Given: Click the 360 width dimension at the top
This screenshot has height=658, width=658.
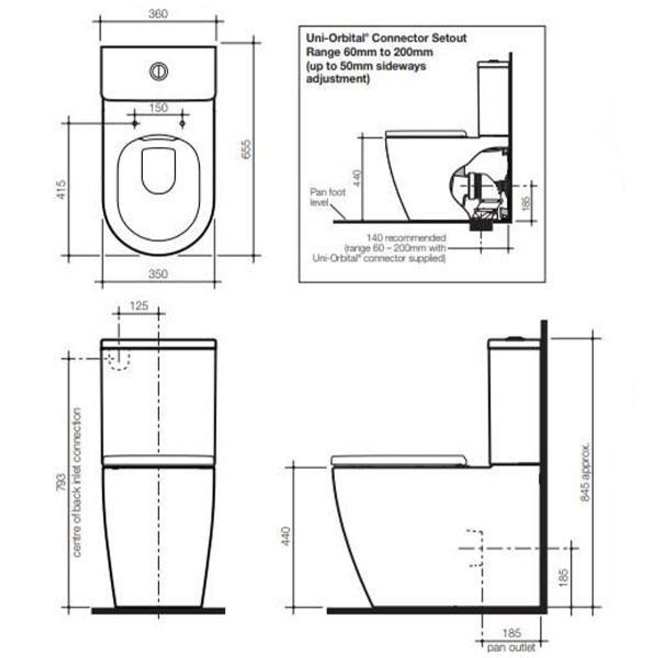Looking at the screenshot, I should click(158, 13).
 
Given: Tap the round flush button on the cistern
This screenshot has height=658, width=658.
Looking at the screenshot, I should click(158, 71).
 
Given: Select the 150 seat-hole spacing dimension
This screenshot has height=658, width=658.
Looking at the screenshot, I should click(158, 108).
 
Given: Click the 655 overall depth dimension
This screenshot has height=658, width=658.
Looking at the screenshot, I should click(246, 149).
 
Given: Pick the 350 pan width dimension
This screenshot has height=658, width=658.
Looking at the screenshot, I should click(158, 274).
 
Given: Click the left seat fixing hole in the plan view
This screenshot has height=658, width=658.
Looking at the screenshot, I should click(135, 124).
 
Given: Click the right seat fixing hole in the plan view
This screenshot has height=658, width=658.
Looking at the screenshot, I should click(182, 124).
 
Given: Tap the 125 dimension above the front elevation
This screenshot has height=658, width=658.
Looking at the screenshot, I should click(139, 306).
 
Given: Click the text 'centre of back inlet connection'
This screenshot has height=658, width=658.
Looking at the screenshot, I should click(77, 481).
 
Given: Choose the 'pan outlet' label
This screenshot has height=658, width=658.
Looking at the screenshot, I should click(511, 647).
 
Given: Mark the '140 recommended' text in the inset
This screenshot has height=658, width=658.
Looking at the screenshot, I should click(406, 238).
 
